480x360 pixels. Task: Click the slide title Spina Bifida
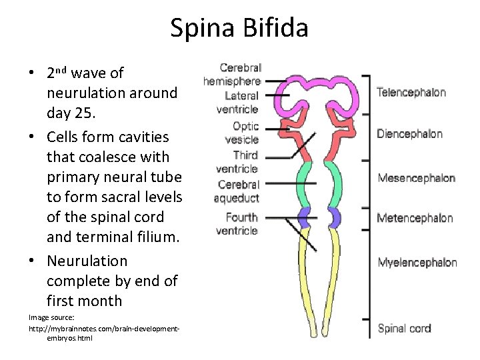(x=239, y=28)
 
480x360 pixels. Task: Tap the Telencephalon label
(x=411, y=93)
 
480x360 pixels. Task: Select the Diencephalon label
(x=409, y=134)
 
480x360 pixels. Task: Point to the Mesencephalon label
(x=416, y=178)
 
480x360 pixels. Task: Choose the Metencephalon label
(x=415, y=218)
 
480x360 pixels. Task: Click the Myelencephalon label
(x=417, y=262)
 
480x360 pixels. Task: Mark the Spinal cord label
(x=404, y=328)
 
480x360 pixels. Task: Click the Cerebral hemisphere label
(x=233, y=74)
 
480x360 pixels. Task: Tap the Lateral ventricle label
(x=238, y=103)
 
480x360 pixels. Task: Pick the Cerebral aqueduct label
(x=237, y=191)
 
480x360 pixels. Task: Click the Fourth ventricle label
(x=237, y=224)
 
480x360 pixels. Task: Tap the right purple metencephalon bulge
(x=335, y=217)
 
